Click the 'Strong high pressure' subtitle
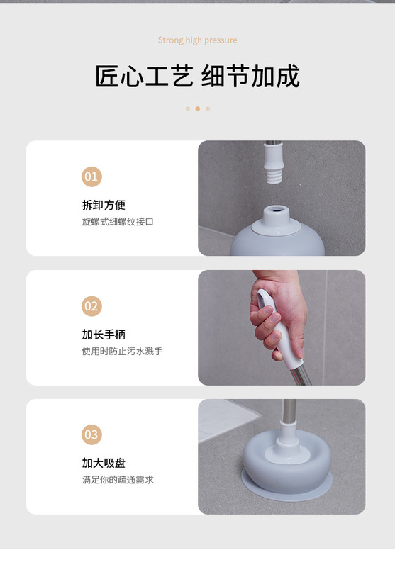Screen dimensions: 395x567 coord(197,40)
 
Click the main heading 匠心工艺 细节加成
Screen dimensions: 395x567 coord(197,76)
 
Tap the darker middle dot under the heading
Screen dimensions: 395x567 coord(197,108)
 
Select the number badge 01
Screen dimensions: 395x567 coord(91,176)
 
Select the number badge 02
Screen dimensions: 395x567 coord(91,306)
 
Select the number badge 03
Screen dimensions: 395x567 coord(91,434)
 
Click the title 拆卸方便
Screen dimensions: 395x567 coord(104,205)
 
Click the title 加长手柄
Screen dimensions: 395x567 coord(104,335)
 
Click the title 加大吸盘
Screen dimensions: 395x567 coord(104,463)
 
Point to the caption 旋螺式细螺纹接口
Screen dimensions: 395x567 coord(118,222)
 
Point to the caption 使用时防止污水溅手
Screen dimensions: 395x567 coord(122,351)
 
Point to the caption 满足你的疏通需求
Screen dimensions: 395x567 coord(118,480)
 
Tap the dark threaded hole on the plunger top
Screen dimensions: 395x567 coord(277,209)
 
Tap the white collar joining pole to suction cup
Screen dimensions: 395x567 coord(288,440)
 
